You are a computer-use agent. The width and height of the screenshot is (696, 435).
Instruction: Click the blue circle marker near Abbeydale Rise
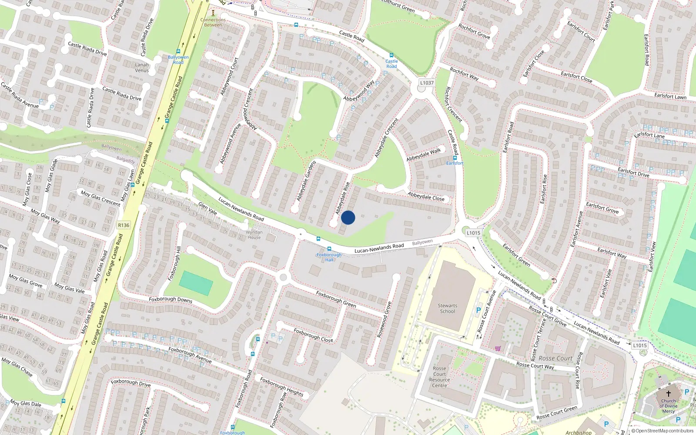pos(348,217)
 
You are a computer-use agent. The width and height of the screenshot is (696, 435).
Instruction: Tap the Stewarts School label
pos(447,308)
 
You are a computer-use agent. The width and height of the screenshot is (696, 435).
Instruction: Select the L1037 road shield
pos(427,83)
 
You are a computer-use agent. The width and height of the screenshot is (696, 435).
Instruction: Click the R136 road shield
pos(124,225)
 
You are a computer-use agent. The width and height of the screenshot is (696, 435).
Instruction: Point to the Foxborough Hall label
pos(329,257)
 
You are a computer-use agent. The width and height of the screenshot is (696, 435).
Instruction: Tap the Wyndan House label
pos(254,235)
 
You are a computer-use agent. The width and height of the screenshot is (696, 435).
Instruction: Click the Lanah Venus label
pos(142,67)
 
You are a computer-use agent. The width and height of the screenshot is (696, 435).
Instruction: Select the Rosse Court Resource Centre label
pos(439,377)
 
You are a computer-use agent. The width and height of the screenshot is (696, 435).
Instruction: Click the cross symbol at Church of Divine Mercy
pos(669,393)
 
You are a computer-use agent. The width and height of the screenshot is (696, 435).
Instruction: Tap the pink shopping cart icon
pos(498,348)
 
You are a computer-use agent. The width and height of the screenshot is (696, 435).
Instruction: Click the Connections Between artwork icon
pos(213,13)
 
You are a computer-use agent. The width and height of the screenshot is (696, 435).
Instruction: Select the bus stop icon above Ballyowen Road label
pos(178,51)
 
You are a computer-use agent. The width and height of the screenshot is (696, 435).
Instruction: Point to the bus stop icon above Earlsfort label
pos(455,157)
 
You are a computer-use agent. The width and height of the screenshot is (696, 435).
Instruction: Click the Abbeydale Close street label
pos(426,197)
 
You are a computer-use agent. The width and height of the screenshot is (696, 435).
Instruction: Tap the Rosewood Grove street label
pos(384,320)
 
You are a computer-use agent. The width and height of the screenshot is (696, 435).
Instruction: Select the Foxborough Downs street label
pos(171,299)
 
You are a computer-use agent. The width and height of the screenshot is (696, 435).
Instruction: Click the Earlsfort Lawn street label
pos(670,96)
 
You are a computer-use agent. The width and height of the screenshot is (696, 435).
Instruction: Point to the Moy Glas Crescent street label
pos(100,198)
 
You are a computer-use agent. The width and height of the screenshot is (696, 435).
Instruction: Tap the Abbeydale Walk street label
pos(423,154)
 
